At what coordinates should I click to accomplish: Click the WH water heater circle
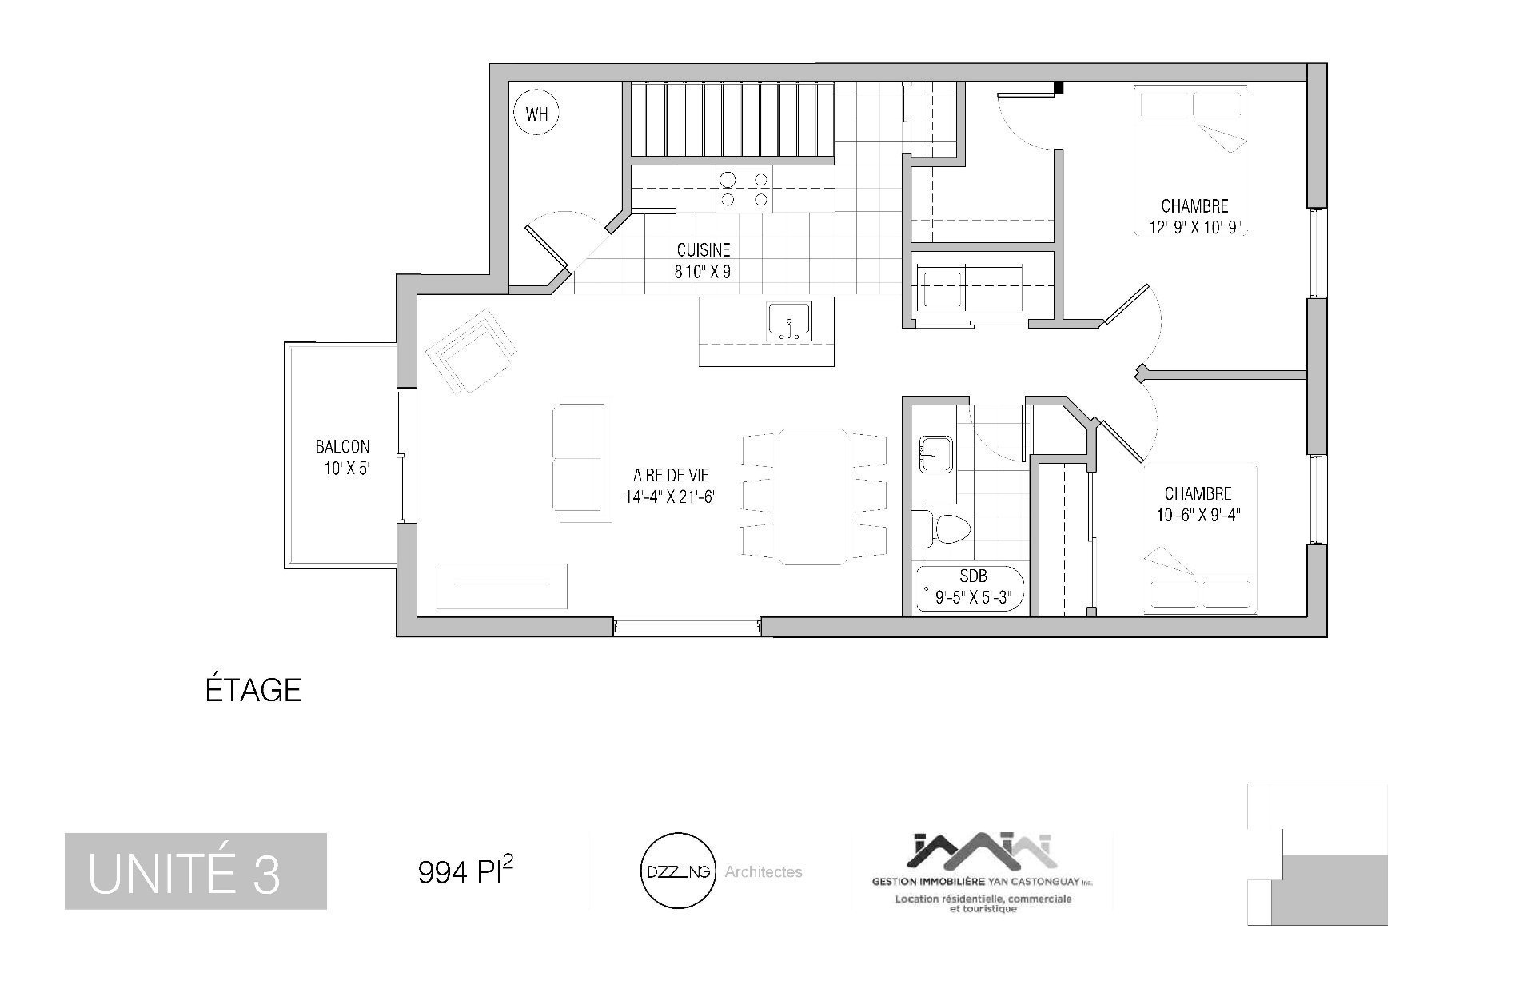[x=536, y=113]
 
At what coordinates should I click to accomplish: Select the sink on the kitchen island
[x=789, y=322]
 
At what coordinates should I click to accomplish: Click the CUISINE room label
[x=704, y=250]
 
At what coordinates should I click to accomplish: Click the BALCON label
[x=342, y=447]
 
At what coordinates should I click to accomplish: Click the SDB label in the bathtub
[x=972, y=576]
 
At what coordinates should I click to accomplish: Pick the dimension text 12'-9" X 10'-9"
[x=1194, y=227]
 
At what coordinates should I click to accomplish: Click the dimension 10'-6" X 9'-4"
[x=1197, y=515]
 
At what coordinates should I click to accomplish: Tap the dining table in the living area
[x=813, y=496]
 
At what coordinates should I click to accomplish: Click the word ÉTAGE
[x=253, y=689]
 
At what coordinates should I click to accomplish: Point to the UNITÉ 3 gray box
[x=196, y=871]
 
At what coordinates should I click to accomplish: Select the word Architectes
[x=764, y=872]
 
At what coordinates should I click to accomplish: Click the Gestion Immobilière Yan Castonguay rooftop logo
[x=983, y=851]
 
